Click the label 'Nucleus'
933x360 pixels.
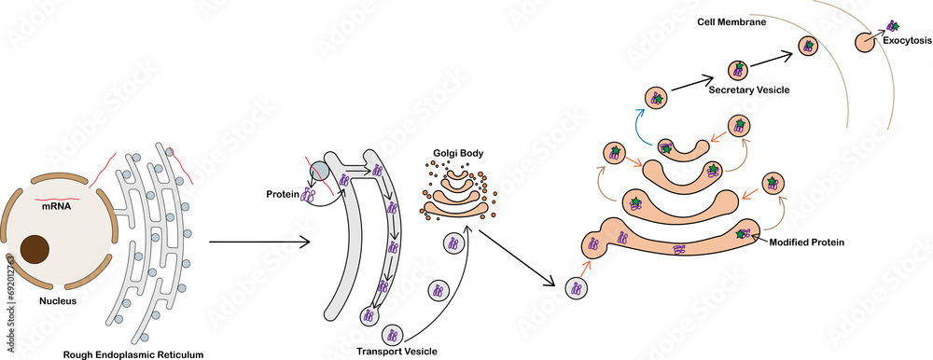point(57,301)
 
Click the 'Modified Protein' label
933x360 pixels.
point(807,242)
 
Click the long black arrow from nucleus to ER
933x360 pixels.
point(258,244)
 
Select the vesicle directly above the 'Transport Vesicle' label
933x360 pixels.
point(393,333)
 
